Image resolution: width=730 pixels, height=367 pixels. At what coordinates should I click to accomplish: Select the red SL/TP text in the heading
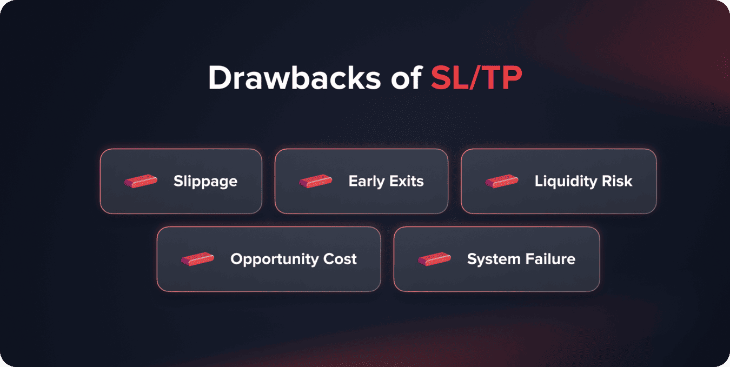(476, 78)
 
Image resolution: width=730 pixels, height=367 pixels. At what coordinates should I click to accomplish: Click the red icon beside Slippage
(141, 181)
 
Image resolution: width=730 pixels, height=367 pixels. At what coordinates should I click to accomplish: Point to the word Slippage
(205, 181)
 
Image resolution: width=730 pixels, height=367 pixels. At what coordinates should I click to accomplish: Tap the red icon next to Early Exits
(315, 181)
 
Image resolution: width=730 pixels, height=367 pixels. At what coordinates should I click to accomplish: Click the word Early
(366, 181)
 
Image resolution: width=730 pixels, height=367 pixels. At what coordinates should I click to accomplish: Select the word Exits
(406, 181)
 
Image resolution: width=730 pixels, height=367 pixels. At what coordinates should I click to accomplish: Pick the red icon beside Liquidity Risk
(502, 181)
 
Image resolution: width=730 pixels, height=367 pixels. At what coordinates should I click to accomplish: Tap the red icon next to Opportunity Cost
(197, 259)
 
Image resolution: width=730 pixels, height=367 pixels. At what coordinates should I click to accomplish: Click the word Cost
(340, 259)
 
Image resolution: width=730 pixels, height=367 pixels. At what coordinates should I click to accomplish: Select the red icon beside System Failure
(434, 259)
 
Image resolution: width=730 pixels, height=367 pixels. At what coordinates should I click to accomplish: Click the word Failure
(548, 259)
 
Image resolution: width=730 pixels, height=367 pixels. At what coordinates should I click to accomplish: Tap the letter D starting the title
(219, 78)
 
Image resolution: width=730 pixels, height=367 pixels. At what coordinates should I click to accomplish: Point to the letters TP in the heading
(504, 78)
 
